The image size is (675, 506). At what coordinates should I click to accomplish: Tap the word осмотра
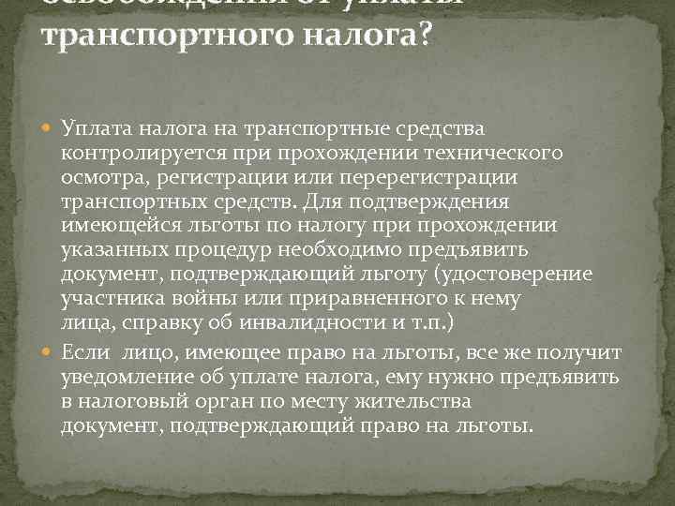coord(97,176)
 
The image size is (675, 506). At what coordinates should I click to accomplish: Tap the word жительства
coord(413,401)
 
